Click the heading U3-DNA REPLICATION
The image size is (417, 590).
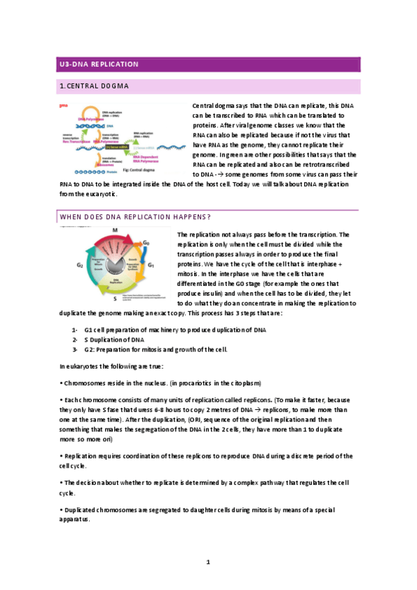click(x=99, y=65)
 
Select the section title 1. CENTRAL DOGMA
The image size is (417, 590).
click(x=95, y=86)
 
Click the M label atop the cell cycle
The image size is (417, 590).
click(x=114, y=230)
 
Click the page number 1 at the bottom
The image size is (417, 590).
click(x=208, y=561)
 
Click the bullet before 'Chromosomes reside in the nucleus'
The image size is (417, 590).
click(x=62, y=383)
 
